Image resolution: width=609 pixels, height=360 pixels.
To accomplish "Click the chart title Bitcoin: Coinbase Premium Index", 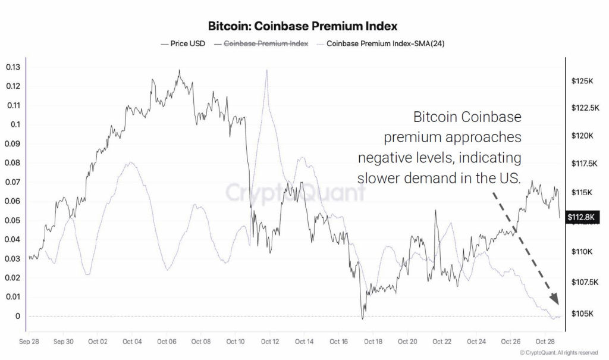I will pyautogui.click(x=303, y=26).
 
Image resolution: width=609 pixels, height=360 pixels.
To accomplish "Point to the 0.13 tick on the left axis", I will pyautogui.click(x=12, y=67).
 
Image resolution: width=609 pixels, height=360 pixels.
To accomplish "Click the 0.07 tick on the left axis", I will pyautogui.click(x=12, y=182).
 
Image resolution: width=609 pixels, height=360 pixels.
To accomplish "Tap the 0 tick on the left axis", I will pyautogui.click(x=18, y=316).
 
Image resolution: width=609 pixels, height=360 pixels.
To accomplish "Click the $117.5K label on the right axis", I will pyautogui.click(x=583, y=164).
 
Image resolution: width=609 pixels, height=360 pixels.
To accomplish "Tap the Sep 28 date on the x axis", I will pyautogui.click(x=29, y=342).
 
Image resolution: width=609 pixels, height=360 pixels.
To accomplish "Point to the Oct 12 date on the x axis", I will pyautogui.click(x=270, y=342).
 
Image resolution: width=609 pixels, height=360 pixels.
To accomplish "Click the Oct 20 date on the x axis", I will pyautogui.click(x=408, y=342).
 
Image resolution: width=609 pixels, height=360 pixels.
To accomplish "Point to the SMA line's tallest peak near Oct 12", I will pyautogui.click(x=267, y=70).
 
